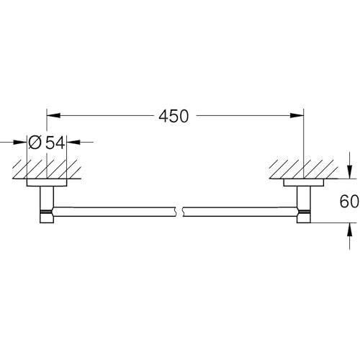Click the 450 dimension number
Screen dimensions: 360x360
point(174,116)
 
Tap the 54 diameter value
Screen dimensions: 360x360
point(55,143)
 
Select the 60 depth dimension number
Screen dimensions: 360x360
point(349,201)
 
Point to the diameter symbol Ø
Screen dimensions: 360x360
point(35,143)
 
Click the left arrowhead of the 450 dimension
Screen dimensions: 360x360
point(53,115)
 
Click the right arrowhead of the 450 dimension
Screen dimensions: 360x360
point(297,115)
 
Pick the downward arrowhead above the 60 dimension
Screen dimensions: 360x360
point(350,172)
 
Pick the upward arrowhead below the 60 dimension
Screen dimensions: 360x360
point(350,230)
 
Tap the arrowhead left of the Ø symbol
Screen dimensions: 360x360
point(20,142)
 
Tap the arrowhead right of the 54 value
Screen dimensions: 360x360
point(73,142)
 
